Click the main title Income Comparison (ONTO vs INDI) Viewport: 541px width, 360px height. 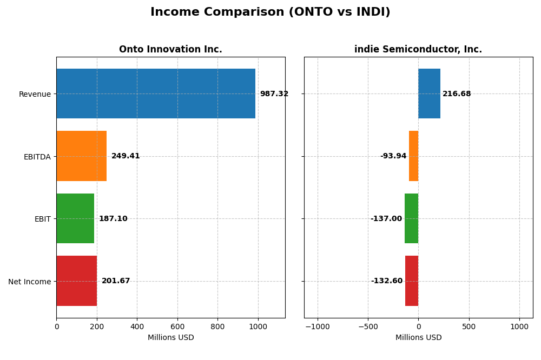(x=270, y=12)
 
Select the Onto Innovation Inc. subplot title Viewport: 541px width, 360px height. (x=170, y=49)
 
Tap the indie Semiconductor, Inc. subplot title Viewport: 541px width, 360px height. (x=418, y=49)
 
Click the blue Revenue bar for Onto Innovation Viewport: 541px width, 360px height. (x=156, y=94)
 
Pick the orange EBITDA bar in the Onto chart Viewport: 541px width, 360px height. (x=82, y=156)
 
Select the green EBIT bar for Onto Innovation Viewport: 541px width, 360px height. (x=75, y=218)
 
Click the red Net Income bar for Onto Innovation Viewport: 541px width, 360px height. (x=77, y=281)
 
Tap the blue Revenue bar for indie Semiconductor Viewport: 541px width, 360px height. (x=429, y=94)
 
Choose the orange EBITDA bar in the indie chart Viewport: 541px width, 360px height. (x=414, y=156)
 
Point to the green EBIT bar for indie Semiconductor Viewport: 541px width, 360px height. (x=412, y=218)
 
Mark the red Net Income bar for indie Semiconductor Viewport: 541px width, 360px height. (x=412, y=281)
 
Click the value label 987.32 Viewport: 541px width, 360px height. (x=274, y=94)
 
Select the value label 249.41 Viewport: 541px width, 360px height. (x=126, y=156)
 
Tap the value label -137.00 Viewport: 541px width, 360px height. (x=386, y=219)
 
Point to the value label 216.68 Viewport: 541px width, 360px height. (x=457, y=94)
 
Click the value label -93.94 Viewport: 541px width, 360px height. (x=393, y=156)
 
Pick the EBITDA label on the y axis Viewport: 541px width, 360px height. (x=37, y=157)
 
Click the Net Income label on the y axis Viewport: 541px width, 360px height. (x=29, y=282)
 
